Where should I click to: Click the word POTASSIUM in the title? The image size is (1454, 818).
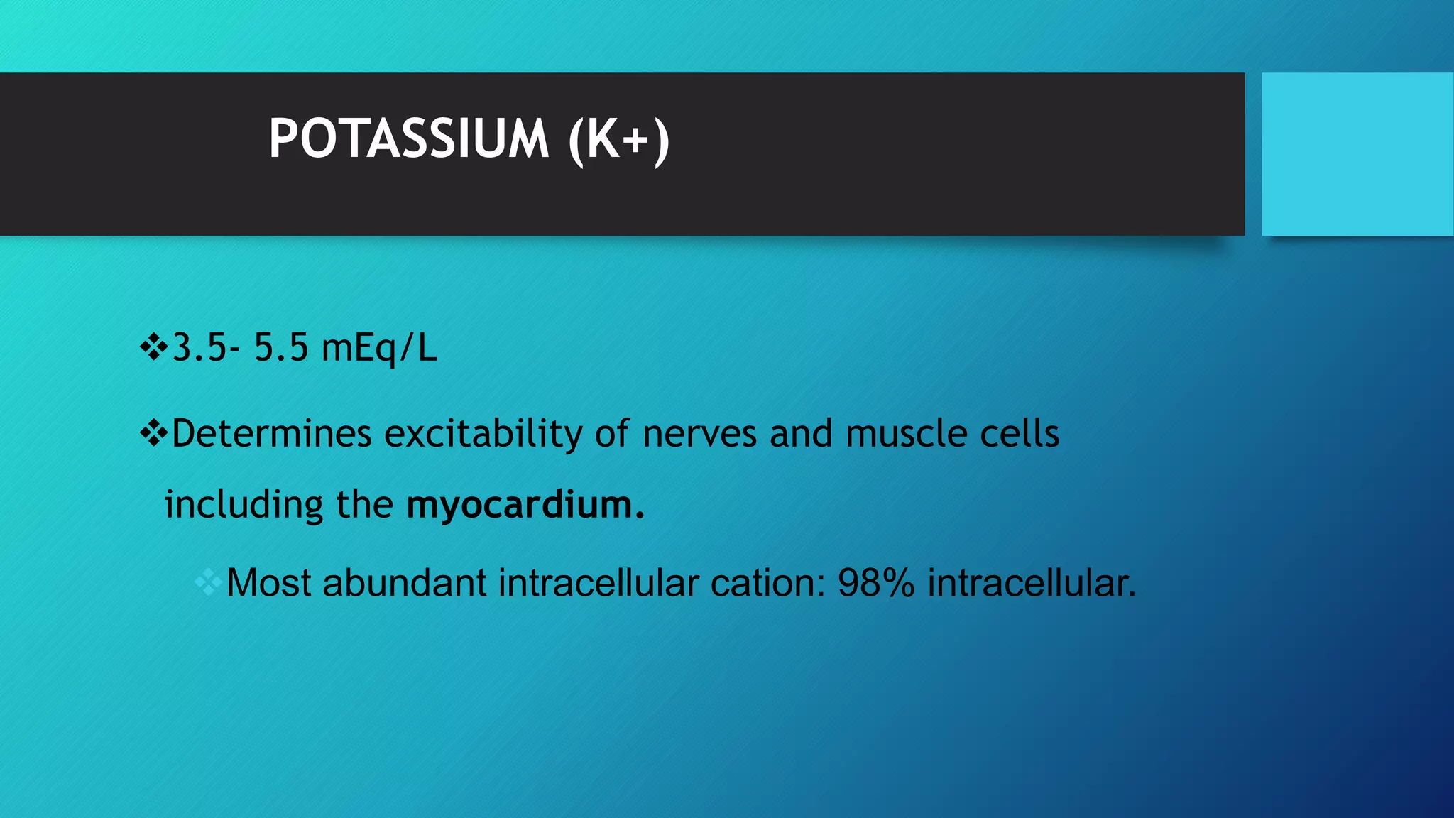tap(408, 138)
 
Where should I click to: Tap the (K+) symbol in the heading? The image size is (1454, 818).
tap(618, 140)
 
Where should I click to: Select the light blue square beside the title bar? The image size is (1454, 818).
tap(1357, 153)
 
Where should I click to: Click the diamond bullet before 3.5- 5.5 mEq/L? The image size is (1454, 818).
tap(153, 348)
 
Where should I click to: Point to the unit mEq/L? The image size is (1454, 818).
tap(379, 349)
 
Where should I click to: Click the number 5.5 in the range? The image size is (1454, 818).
tap(281, 348)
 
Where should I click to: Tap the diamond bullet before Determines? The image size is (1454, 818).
tap(153, 433)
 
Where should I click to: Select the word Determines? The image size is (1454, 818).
tap(272, 433)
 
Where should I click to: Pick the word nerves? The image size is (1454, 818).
tap(699, 433)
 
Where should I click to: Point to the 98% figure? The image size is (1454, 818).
tap(876, 584)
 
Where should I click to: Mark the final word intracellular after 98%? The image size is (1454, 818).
tap(1032, 584)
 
